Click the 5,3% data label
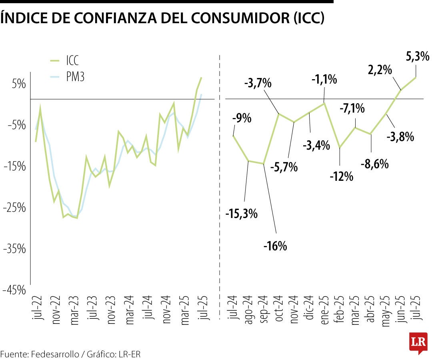[x=417, y=57]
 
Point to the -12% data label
[x=342, y=176]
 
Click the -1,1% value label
[x=324, y=80]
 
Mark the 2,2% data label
[x=379, y=70]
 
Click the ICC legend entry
[x=72, y=60]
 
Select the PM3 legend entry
[x=75, y=77]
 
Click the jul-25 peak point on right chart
[x=416, y=77]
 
